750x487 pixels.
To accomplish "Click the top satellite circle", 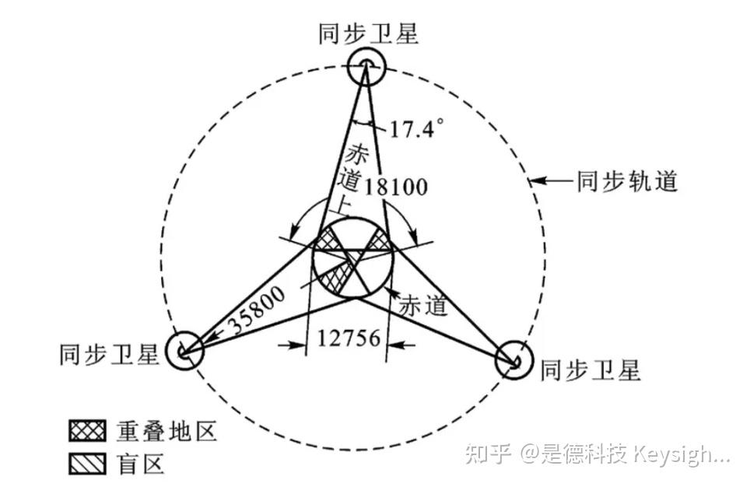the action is point(366,68).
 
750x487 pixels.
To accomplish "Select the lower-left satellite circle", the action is point(184,351).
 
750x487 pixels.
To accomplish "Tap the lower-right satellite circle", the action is point(514,359).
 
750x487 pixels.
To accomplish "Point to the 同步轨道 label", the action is point(627,181).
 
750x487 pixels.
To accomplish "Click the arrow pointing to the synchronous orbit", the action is point(552,181).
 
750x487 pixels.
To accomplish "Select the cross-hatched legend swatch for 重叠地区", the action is point(86,430).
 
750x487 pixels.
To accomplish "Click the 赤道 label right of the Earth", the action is point(422,306).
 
